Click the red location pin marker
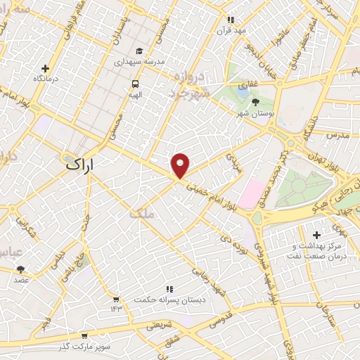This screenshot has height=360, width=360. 181,165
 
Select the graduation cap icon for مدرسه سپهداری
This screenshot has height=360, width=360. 139,51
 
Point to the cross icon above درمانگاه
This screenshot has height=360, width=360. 46,68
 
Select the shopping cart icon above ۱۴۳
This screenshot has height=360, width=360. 115,299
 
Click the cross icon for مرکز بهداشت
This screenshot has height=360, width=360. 316,235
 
